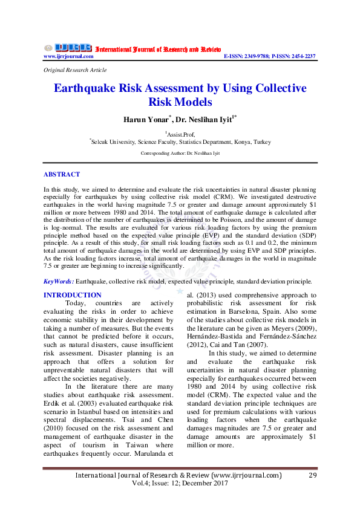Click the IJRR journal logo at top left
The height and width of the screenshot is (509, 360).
67,47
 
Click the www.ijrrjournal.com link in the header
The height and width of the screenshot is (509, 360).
68,56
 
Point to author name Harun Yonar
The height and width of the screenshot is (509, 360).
145,119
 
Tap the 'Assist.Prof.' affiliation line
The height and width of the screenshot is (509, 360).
180,134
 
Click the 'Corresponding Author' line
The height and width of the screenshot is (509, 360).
180,154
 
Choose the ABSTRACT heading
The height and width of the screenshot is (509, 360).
61,174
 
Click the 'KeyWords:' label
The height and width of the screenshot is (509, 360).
59,281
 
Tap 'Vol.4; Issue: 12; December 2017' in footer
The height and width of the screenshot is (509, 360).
180,484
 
